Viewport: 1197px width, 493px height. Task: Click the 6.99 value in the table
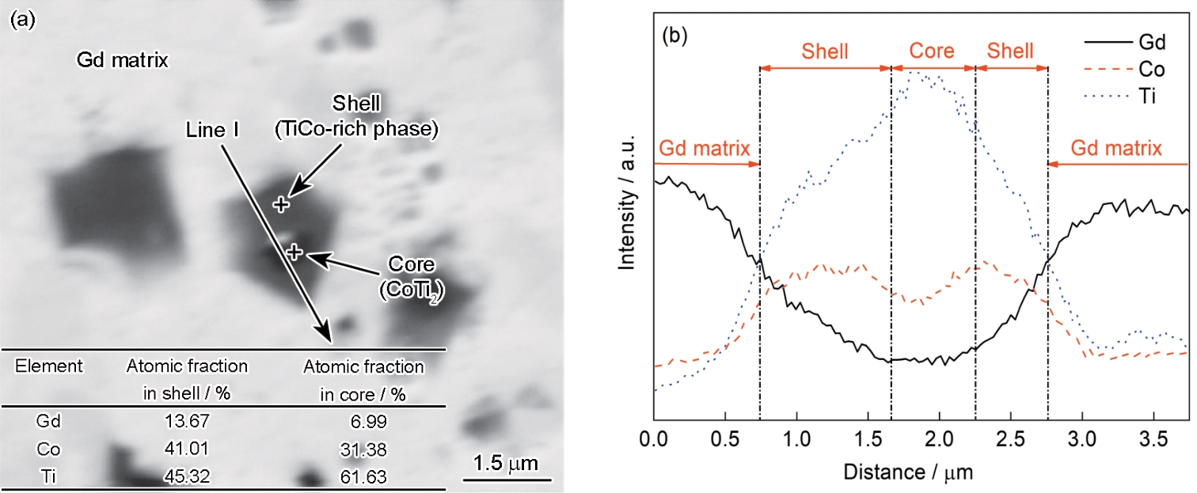365,421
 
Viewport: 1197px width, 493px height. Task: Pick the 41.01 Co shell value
187,449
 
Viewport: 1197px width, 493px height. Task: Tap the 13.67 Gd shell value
187,421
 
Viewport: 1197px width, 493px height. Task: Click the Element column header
49,366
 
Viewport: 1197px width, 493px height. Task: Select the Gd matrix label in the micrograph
123,60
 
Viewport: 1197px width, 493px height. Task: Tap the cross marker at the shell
281,204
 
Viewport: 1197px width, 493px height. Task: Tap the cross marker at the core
294,252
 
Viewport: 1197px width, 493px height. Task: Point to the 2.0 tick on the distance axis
939,438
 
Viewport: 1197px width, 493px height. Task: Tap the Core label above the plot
931,52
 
